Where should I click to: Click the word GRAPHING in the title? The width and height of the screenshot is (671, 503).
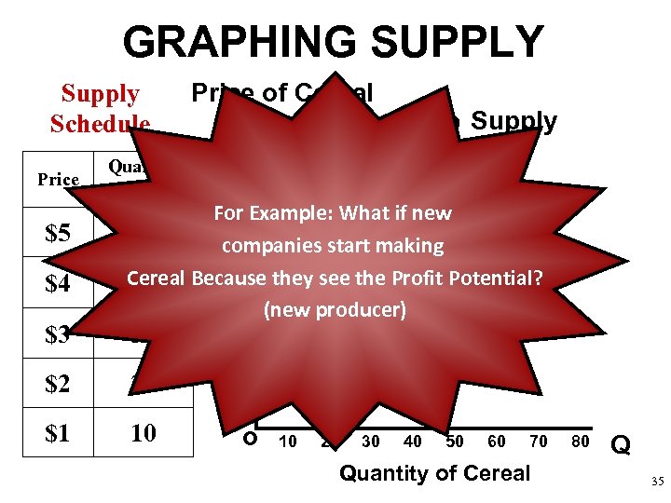(240, 44)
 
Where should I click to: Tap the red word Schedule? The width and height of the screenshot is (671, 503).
(100, 124)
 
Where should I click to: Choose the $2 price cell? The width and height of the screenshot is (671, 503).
(58, 383)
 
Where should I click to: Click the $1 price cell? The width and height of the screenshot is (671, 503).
(58, 433)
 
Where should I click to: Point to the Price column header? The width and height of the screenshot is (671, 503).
(58, 179)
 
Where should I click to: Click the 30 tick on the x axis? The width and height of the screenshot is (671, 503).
(371, 442)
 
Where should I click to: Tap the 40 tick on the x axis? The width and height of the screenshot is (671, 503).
(413, 442)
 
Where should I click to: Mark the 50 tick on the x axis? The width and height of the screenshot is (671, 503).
(455, 442)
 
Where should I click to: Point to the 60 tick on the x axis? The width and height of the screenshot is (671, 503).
(497, 442)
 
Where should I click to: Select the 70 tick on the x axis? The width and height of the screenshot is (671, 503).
(539, 442)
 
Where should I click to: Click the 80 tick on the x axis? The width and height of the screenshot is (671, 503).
(581, 442)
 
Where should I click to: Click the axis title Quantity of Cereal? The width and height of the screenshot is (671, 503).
(434, 473)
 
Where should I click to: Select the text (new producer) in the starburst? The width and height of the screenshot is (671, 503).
(335, 309)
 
